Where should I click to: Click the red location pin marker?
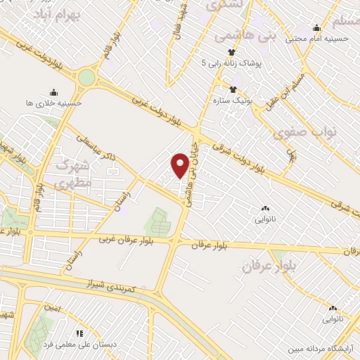[180, 165]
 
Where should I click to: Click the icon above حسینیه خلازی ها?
[54, 91]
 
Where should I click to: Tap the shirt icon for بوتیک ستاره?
[233, 89]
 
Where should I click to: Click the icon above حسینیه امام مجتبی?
[317, 28]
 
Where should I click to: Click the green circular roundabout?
[86, 77]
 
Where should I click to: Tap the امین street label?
[51, 308]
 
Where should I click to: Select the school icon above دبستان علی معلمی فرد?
[79, 333]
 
